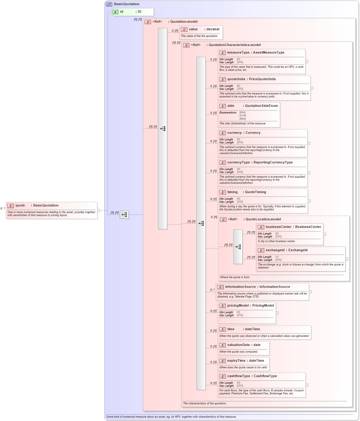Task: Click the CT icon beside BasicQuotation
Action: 109,4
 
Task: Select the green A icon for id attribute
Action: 115,12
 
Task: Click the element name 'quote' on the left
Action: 20,206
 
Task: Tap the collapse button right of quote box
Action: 99,210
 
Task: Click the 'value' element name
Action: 193,29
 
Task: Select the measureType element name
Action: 238,53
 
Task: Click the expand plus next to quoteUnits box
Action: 312,88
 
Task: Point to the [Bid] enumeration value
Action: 243,113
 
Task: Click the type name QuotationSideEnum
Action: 261,106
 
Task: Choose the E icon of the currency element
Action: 223,133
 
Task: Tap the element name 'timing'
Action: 233,192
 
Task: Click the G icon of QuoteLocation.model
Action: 223,220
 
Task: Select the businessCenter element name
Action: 279,227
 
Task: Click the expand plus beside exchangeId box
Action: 347,259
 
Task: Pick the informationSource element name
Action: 240,287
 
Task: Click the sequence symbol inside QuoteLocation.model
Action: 238,247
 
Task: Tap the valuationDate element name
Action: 239,345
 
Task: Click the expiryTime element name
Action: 236,361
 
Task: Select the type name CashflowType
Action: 265,376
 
